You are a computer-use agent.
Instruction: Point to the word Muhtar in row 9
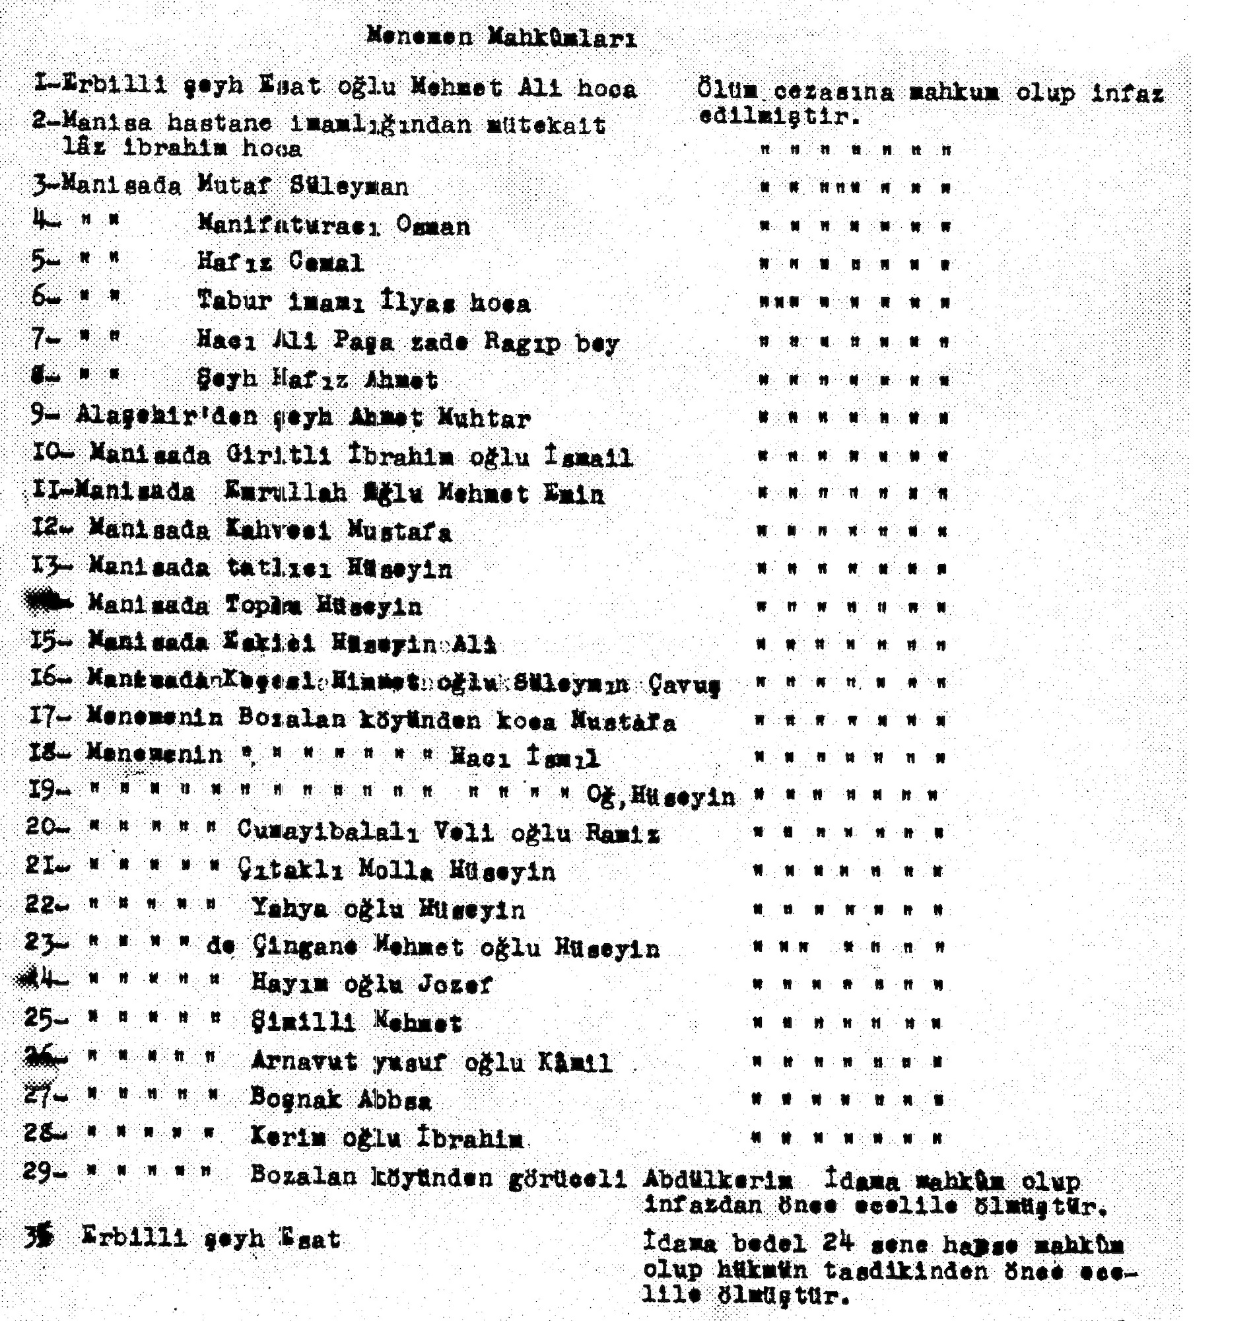pyautogui.click(x=483, y=419)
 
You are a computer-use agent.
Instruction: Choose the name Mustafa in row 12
pyautogui.click(x=399, y=532)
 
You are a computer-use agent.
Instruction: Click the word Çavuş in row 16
pyautogui.click(x=684, y=685)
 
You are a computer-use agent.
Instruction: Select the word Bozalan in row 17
pyautogui.click(x=293, y=720)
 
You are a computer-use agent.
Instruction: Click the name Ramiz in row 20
pyautogui.click(x=623, y=834)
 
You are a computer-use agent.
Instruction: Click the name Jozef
pyautogui.click(x=456, y=985)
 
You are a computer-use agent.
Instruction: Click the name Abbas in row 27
pyautogui.click(x=395, y=1100)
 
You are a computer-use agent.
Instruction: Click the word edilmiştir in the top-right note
pyautogui.click(x=777, y=118)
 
